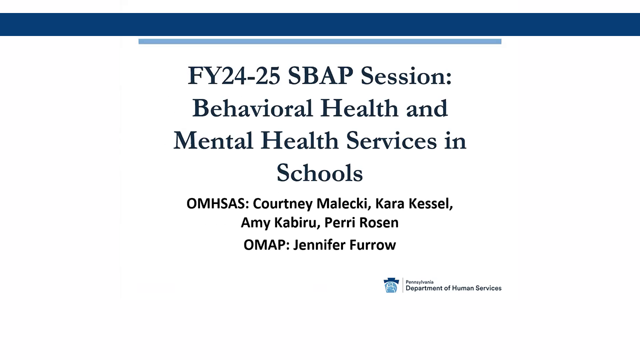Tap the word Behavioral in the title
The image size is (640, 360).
252,108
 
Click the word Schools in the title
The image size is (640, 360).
319,173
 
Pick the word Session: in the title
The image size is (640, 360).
406,75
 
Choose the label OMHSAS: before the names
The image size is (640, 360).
217,204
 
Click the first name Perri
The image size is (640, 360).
341,222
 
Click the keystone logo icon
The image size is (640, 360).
391,285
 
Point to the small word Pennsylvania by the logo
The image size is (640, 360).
420,281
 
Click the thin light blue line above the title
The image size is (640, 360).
320,41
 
